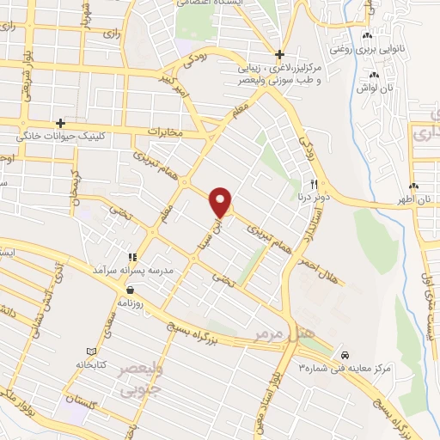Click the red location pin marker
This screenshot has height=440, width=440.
click(222, 202)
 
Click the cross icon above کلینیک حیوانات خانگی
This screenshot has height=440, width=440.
click(59, 123)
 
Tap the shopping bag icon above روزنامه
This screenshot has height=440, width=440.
click(128, 290)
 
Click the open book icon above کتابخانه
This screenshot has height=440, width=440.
click(92, 351)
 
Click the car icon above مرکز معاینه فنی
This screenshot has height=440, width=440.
click(345, 354)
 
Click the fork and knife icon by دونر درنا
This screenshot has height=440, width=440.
click(315, 184)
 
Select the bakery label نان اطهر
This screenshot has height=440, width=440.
click(425, 199)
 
